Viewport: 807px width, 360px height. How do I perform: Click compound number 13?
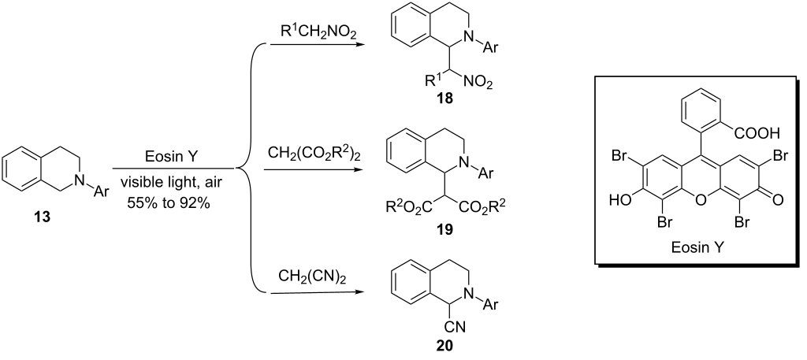point(43,217)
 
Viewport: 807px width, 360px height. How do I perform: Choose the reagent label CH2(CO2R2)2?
point(312,154)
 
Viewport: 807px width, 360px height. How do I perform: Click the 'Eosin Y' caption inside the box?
point(698,248)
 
